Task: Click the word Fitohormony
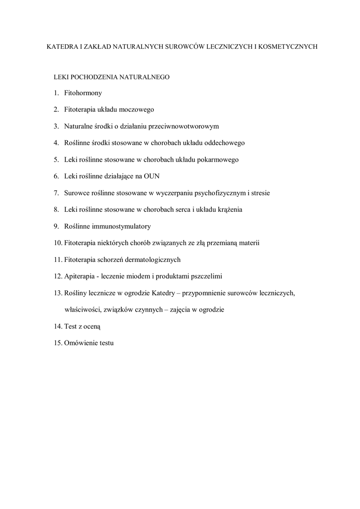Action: coord(83,93)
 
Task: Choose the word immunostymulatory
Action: coord(122,226)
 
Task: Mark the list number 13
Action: coord(58,293)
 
